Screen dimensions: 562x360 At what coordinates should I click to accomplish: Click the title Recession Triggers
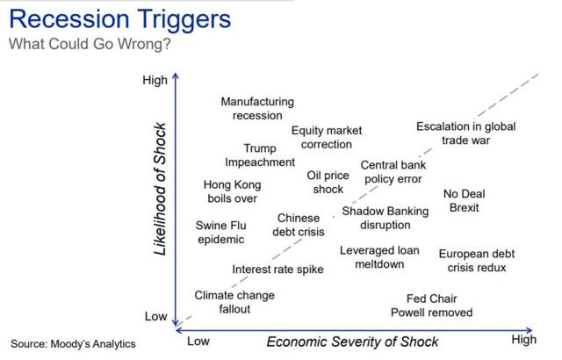(x=120, y=20)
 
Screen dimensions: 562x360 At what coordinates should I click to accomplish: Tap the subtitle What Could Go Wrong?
(x=90, y=44)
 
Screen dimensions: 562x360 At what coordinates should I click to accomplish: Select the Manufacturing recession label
(x=257, y=109)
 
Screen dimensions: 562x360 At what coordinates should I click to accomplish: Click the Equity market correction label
(x=327, y=137)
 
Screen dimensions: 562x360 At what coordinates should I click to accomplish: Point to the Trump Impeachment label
(x=260, y=155)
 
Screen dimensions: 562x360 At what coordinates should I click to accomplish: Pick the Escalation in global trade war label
(x=466, y=133)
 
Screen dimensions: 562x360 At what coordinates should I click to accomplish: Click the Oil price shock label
(x=328, y=183)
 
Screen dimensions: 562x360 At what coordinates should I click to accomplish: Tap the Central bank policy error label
(x=393, y=172)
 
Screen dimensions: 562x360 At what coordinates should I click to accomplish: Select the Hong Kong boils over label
(x=232, y=191)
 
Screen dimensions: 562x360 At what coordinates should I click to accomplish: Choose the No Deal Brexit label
(x=465, y=200)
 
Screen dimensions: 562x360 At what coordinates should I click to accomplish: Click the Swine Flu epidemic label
(x=220, y=233)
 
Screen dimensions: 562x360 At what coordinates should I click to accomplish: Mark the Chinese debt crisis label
(x=299, y=225)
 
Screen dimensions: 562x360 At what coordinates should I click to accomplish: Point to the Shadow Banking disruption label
(x=385, y=218)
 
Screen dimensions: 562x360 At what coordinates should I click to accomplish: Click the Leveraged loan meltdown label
(x=379, y=257)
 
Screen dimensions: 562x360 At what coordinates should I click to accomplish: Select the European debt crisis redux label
(x=477, y=261)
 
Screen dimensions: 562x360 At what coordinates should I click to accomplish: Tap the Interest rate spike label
(x=277, y=270)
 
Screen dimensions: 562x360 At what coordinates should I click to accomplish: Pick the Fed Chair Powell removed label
(x=431, y=306)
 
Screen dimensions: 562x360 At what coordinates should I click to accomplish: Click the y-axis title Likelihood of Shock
(x=160, y=189)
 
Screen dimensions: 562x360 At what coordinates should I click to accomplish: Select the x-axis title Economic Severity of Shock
(x=352, y=342)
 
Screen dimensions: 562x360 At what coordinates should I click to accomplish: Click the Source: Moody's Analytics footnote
(x=73, y=344)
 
